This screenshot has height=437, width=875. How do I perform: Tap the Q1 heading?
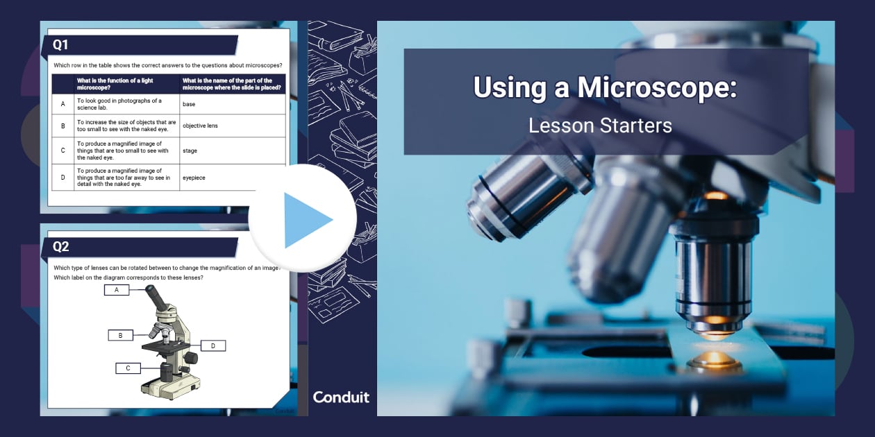pyautogui.click(x=61, y=45)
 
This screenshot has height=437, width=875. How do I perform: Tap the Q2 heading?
pyautogui.click(x=61, y=247)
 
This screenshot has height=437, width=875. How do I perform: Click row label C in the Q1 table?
pyautogui.click(x=63, y=150)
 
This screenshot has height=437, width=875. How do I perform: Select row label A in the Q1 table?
pyautogui.click(x=63, y=104)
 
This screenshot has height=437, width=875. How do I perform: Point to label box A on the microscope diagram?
pyautogui.click(x=117, y=290)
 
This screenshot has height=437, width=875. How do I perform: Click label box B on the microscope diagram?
pyautogui.click(x=121, y=335)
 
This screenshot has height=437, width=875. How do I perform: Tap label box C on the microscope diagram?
pyautogui.click(x=128, y=368)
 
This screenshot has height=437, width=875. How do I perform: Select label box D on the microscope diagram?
pyautogui.click(x=213, y=345)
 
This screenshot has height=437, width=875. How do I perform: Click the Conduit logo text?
pyautogui.click(x=341, y=397)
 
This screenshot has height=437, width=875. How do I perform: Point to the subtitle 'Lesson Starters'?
pyautogui.click(x=600, y=126)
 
